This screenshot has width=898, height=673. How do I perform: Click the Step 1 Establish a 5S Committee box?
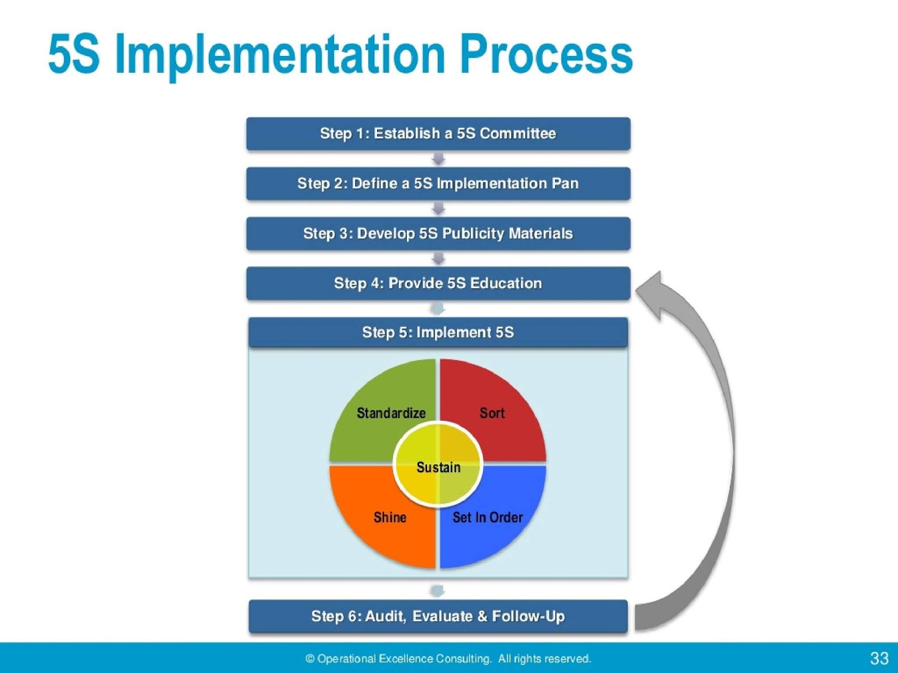click(x=438, y=133)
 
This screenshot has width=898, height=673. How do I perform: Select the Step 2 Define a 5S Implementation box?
click(x=438, y=183)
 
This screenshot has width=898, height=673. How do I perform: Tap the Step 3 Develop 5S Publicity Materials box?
click(x=438, y=233)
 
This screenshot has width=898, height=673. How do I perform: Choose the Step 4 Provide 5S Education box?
click(x=438, y=283)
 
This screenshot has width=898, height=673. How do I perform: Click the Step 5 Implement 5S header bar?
click(x=438, y=333)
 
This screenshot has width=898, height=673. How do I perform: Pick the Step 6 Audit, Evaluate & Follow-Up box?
click(x=438, y=616)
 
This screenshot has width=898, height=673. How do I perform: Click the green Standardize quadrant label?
click(x=391, y=413)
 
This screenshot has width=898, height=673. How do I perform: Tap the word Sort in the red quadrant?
click(x=492, y=413)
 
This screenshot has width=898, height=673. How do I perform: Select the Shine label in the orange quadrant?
click(x=390, y=517)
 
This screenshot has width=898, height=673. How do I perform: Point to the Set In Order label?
click(x=487, y=517)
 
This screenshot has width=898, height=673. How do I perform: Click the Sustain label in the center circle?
click(x=438, y=467)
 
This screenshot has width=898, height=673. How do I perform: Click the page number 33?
click(x=879, y=658)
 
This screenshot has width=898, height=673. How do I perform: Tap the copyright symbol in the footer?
click(x=310, y=659)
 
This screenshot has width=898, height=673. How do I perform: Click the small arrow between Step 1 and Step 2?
click(x=438, y=159)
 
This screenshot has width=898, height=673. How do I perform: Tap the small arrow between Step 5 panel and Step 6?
click(x=438, y=591)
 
